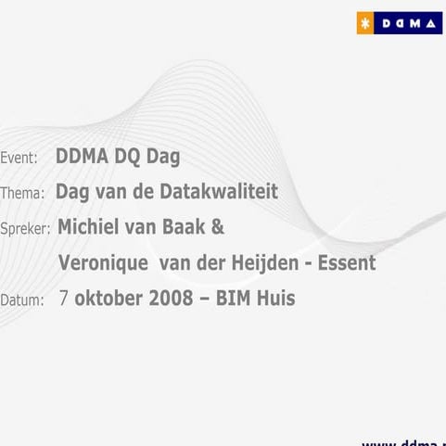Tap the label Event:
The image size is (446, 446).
pos(19,159)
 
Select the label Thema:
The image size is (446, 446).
pos(22,194)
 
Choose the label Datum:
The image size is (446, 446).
pos(22,300)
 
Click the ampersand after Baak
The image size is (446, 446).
pos(219,227)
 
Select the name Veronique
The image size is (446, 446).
pos(103,263)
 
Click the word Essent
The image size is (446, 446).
pos(346,263)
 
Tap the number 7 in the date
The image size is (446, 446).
pos(63,299)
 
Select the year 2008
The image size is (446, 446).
pos(171,299)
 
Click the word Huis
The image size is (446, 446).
pos(278,299)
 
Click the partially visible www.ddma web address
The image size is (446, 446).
pos(402,441)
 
